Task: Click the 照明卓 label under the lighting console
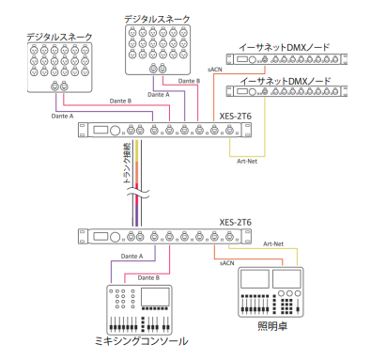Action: point(272,326)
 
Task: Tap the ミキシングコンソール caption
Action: point(141,341)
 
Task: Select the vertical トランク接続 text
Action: point(127,163)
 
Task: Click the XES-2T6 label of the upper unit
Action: point(235,117)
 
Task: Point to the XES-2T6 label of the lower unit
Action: point(235,222)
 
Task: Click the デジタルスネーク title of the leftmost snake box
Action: point(59,37)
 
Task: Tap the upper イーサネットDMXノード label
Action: point(285,48)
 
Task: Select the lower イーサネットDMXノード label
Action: point(286,81)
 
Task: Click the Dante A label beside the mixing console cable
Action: point(131,257)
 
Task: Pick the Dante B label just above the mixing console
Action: point(148,278)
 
